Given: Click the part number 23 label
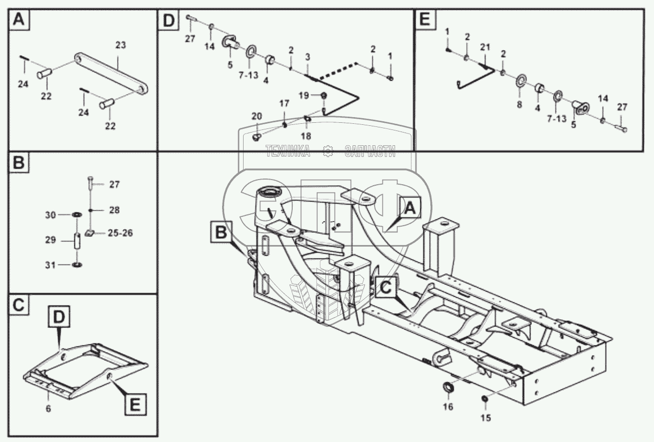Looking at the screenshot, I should point(120,45).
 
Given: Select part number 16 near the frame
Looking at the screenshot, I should point(448,407).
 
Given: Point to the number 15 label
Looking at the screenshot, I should point(485,417).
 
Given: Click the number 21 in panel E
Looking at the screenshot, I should point(485,47).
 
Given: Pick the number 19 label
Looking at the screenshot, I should point(303,95).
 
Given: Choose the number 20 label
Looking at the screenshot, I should point(257,117).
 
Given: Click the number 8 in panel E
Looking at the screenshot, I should point(519,104).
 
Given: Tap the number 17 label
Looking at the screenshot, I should point(284,103).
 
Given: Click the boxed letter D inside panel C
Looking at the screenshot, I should point(59,317).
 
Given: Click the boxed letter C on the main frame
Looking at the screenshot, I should point(386,288).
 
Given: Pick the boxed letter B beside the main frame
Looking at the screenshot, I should point(221,233).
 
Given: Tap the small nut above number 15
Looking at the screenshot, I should point(485,399).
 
